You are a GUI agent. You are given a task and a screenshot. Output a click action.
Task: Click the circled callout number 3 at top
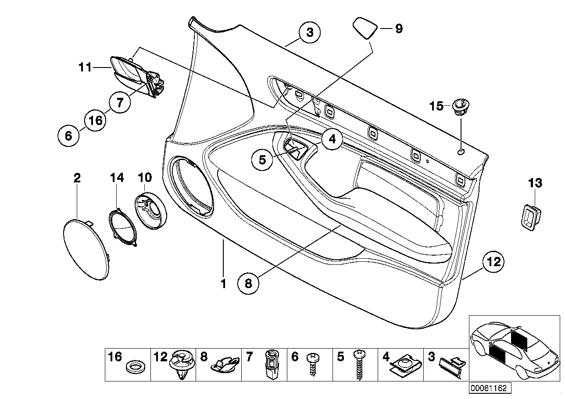pos(310,32)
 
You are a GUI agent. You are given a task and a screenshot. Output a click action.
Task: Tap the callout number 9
pos(398,28)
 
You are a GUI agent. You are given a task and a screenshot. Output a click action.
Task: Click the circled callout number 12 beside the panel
pos(493,262)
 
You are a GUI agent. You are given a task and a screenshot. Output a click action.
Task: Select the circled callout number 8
pos(248,283)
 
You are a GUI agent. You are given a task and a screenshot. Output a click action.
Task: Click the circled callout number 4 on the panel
pos(332,139)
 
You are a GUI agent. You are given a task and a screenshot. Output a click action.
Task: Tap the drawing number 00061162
pos(489,388)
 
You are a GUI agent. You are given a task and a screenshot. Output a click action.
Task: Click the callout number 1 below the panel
pos(223,284)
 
